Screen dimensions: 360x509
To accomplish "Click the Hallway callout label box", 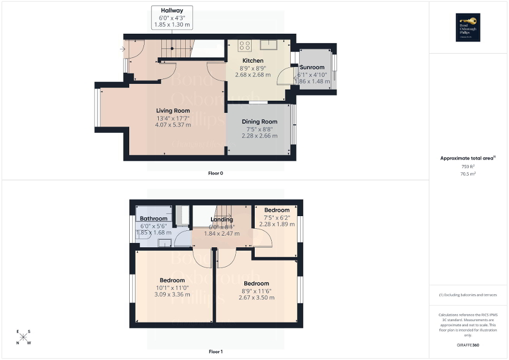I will (x=172, y=17).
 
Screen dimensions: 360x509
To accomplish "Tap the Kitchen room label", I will (x=252, y=61).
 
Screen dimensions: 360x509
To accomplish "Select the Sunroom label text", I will (x=312, y=68).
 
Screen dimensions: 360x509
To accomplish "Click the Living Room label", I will (x=172, y=111).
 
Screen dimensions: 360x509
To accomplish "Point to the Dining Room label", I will (x=259, y=122).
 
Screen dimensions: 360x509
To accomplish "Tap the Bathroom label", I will (x=153, y=219).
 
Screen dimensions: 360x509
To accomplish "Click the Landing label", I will (x=222, y=220).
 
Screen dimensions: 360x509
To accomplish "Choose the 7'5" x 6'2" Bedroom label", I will (x=277, y=210).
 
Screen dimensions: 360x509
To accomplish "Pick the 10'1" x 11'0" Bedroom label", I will (x=172, y=280).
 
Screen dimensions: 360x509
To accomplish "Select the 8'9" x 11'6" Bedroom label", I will (x=256, y=284).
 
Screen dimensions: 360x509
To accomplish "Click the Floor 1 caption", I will (x=216, y=352).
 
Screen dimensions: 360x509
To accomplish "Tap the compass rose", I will (x=24, y=337).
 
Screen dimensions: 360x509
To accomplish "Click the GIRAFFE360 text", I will (x=468, y=345).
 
